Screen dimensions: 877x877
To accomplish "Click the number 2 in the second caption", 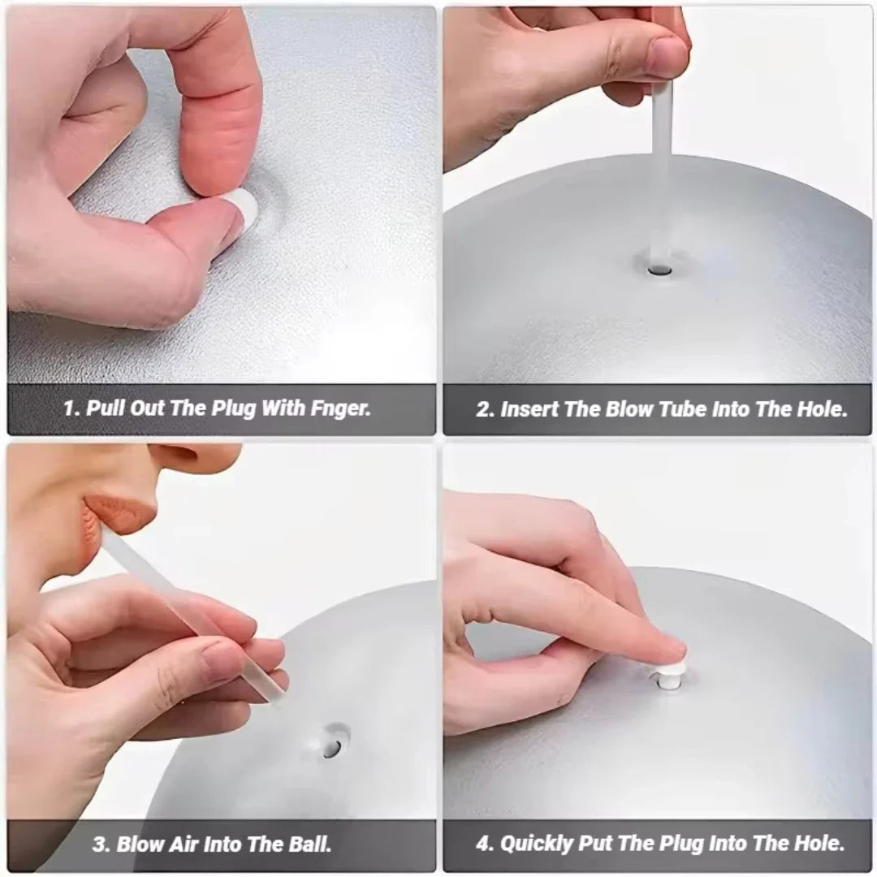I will pos(484,409).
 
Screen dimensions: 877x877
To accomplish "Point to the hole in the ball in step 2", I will pos(658,264).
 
